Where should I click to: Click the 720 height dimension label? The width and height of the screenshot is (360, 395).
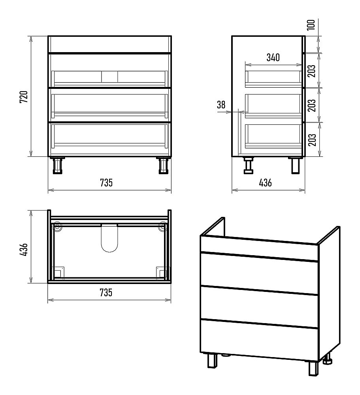coord(24,97)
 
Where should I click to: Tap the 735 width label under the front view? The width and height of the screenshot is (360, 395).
coord(106,182)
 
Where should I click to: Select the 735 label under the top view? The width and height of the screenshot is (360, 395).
coord(106,292)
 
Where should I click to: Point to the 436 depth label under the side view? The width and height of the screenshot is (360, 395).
coord(266,182)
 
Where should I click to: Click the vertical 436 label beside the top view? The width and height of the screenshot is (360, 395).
coord(24,249)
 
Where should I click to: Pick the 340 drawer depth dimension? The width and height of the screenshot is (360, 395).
coord(273,57)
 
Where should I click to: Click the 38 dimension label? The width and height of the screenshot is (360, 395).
coord(221,105)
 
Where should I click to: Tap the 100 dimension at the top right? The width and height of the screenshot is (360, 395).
coord(311,24)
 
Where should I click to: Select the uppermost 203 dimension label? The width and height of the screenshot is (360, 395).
coord(312,71)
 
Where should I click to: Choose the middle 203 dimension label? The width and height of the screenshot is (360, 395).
coord(312,105)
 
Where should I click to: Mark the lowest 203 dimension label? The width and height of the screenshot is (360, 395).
coord(312,140)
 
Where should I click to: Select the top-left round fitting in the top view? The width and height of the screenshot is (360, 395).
coord(57,226)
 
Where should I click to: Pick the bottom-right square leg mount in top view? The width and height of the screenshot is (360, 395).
coord(161,273)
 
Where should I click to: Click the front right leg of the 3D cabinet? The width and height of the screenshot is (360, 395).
coord(314,369)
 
